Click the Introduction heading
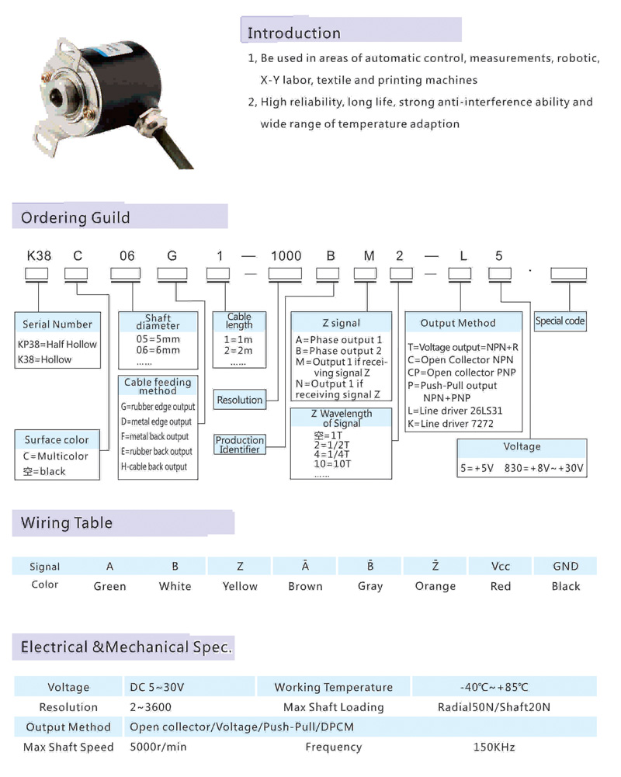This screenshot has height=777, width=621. point(293,33)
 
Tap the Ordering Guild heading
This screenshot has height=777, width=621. point(75,217)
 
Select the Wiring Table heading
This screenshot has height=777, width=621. point(67,523)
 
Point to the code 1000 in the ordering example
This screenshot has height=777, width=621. point(285,256)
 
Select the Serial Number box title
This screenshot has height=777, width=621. point(57,324)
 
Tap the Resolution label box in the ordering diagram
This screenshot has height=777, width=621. point(240,400)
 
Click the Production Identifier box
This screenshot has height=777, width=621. point(240,445)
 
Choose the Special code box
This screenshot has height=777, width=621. point(560,321)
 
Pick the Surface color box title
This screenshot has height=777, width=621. point(57,440)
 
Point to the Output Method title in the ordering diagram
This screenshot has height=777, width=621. point(458,323)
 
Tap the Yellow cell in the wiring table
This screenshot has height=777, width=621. point(240,586)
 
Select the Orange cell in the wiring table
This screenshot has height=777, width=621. point(435,586)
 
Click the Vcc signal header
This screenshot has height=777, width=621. point(501,566)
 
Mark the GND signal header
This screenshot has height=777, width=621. point(566,566)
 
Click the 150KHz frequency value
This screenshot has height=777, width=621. point(494,747)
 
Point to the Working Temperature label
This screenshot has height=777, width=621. point(334,687)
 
